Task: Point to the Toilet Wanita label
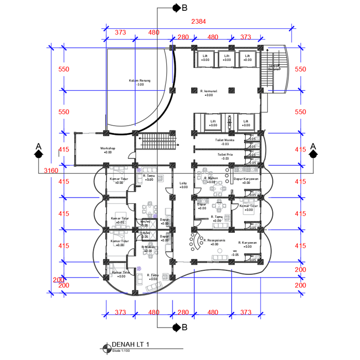coord(225,140)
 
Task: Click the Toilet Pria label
coord(225,154)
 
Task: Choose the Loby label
coord(183,183)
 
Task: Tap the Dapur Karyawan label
coord(246,179)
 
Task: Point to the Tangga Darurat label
coord(273,67)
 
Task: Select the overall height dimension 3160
coord(51,170)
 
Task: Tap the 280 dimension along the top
coord(183,38)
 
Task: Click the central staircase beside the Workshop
coord(158,141)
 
